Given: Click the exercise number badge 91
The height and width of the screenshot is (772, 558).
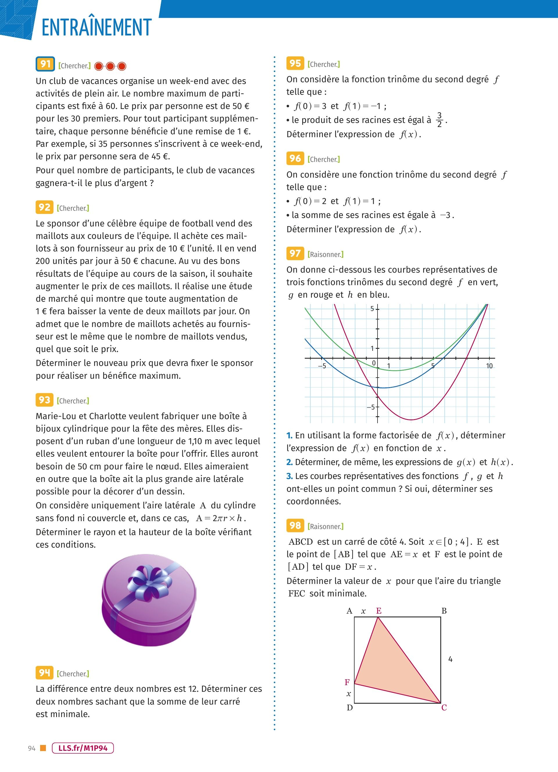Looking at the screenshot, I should click(x=45, y=64).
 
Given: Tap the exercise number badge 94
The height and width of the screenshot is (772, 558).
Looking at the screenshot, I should click(x=44, y=673).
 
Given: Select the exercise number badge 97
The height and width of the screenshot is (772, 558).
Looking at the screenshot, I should click(x=295, y=253).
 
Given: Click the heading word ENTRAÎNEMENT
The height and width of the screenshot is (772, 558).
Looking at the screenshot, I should click(x=96, y=28).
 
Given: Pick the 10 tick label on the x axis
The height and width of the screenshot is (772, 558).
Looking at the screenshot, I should click(x=489, y=366).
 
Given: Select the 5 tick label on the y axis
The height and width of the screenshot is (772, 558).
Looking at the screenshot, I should click(x=372, y=309).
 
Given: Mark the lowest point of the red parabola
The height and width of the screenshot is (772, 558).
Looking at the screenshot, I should click(x=411, y=420).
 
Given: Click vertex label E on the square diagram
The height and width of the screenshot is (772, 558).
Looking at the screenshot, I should click(x=379, y=611).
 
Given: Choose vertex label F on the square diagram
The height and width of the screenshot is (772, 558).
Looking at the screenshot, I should click(x=347, y=682).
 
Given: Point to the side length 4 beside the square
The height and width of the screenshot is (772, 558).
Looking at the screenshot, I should click(x=450, y=659).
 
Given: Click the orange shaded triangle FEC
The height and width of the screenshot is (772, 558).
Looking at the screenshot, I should click(x=388, y=667).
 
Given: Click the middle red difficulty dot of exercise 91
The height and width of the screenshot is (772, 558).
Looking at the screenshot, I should click(x=110, y=66).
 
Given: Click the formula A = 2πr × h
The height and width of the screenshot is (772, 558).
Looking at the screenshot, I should click(x=221, y=518).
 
